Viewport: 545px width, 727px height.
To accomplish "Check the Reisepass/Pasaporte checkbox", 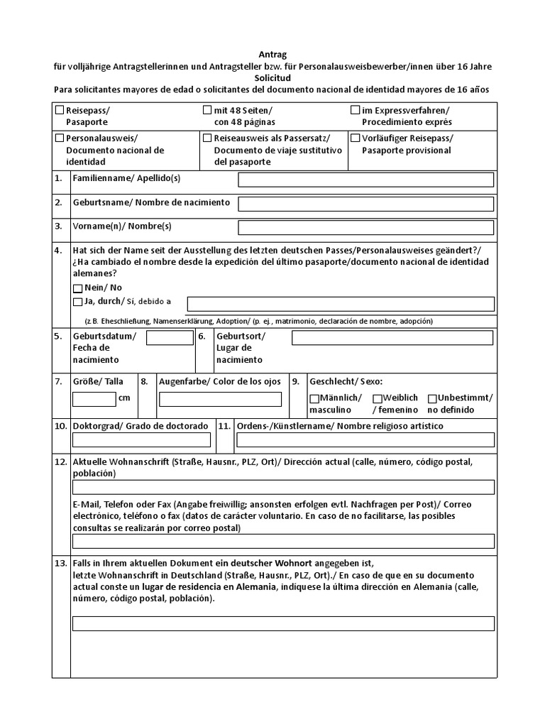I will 60,111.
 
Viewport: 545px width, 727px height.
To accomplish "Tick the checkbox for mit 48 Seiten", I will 207,110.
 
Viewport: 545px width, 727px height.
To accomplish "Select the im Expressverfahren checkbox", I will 355,110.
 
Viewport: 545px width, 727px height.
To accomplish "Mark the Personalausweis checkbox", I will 60,138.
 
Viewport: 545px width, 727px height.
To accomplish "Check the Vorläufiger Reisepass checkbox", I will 355,138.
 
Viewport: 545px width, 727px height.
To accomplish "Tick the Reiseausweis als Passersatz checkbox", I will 207,138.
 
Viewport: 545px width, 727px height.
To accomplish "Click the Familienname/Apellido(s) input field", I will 365,180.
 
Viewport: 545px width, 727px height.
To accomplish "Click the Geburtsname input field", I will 365,204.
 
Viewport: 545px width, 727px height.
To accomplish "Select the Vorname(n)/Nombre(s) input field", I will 365,228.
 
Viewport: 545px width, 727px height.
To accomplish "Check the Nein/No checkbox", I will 77,288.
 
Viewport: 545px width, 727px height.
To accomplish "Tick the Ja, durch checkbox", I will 77,302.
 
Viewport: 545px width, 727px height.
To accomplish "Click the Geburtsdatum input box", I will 170,338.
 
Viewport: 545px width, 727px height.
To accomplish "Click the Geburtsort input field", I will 392,338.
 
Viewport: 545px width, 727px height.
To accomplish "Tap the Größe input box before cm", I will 94,399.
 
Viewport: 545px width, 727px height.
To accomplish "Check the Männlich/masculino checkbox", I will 314,398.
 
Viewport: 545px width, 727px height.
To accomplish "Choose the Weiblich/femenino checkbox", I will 378,398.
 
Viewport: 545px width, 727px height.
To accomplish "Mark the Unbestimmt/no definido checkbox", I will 432,398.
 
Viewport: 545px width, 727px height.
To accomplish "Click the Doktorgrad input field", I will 142,440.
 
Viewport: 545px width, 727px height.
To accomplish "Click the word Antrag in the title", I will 272,55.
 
